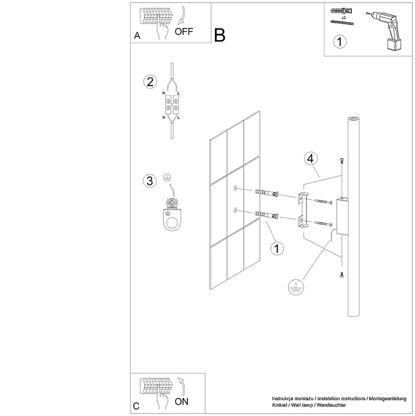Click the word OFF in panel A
pyautogui.click(x=184, y=31)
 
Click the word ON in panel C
pyautogui.click(x=181, y=401)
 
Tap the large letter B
pyautogui.click(x=219, y=35)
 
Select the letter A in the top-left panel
pyautogui.click(x=137, y=36)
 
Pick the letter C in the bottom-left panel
pyautogui.click(x=136, y=406)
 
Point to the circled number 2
pyautogui.click(x=150, y=82)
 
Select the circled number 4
pyautogui.click(x=311, y=158)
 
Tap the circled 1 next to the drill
pyautogui.click(x=340, y=42)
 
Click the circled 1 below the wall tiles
pyautogui.click(x=277, y=248)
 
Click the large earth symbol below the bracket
pyautogui.click(x=295, y=287)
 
